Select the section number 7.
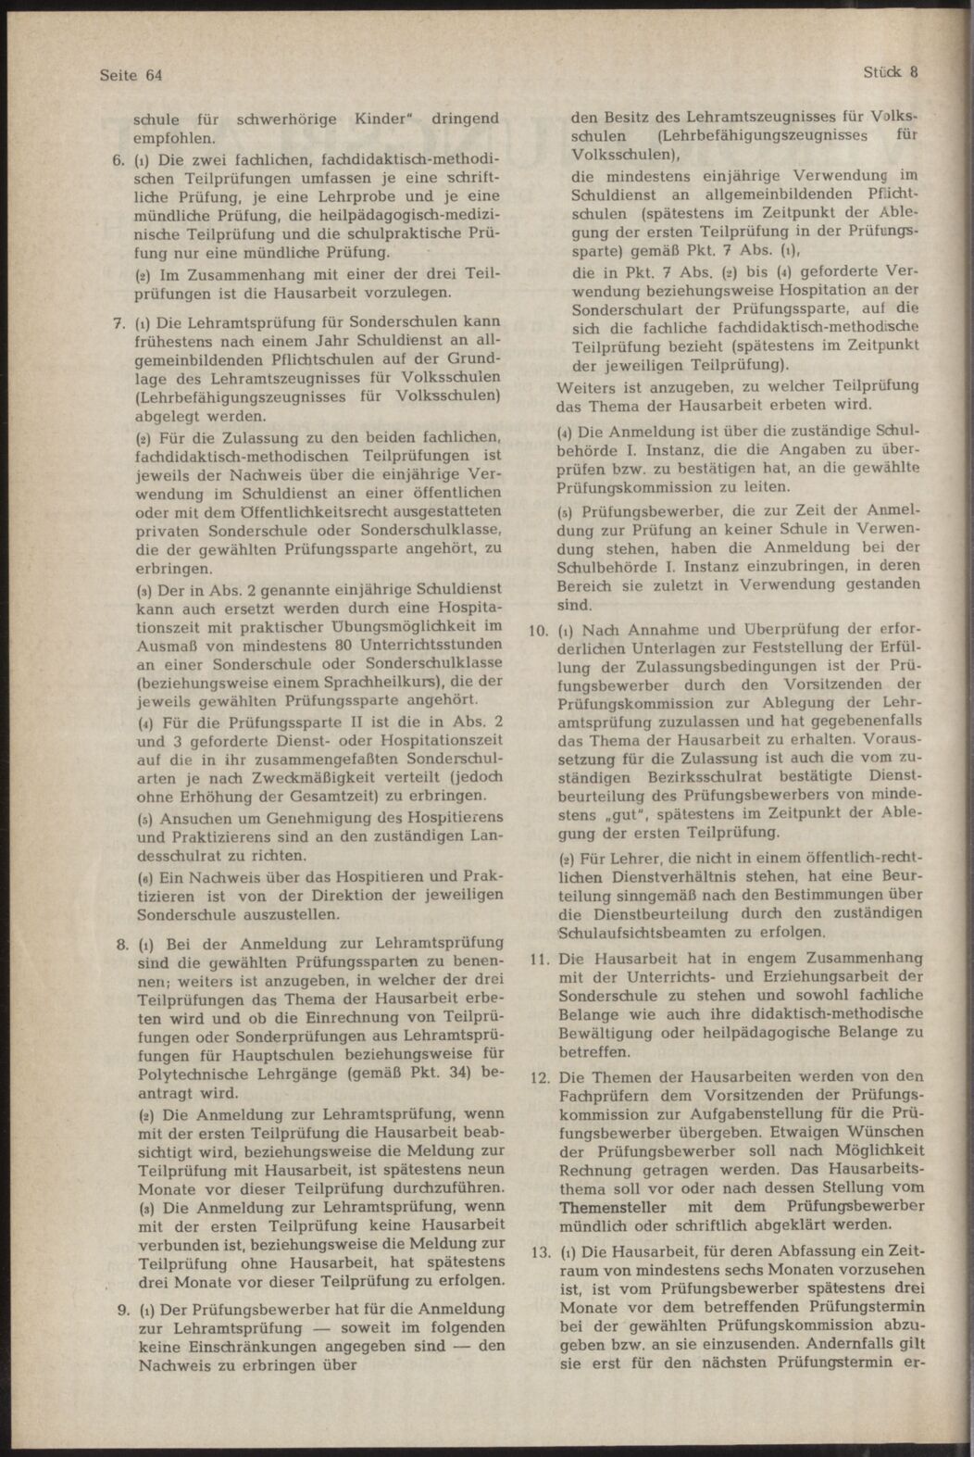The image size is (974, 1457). (118, 324)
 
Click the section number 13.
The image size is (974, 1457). (538, 1252)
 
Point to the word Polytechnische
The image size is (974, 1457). (198, 1078)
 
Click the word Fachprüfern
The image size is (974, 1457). (603, 1097)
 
